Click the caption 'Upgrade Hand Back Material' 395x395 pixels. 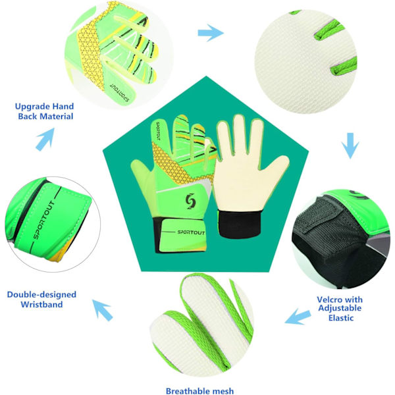tap(44, 111)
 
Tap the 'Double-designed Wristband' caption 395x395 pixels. tap(41, 300)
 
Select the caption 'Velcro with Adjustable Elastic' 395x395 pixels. tap(340, 309)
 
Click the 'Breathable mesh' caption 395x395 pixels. tap(199, 390)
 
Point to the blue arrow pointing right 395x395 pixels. tap(211, 33)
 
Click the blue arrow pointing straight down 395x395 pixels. tap(350, 145)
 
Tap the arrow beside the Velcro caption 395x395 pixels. tap(298, 317)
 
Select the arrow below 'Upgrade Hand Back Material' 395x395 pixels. tap(45, 139)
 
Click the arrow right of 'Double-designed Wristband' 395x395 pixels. tap(103, 310)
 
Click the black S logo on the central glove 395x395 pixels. tap(190, 201)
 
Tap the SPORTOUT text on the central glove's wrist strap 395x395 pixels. tap(191, 232)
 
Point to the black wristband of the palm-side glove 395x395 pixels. tap(239, 224)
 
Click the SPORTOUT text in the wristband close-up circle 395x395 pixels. tap(44, 220)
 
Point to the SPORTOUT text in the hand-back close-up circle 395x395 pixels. tap(120, 92)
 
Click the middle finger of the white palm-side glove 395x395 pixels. tap(239, 136)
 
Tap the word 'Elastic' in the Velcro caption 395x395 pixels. tap(341, 318)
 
